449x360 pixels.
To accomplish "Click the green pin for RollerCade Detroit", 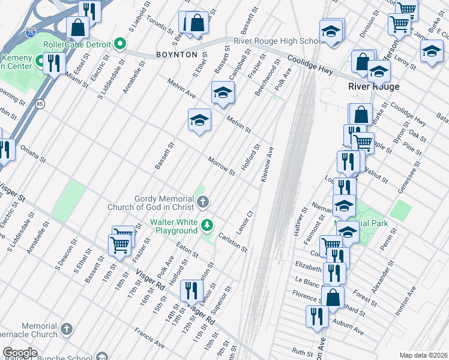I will point(120,44).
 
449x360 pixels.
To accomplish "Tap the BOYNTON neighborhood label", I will point(176,55).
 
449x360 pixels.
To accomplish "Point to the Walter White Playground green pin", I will point(207,226).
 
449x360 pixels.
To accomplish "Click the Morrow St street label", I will point(221,166).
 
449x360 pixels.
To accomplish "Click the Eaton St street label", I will point(187,250).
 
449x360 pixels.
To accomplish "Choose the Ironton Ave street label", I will point(405,301).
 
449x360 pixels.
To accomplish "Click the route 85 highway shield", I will point(40,104).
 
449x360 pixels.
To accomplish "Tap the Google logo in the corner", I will point(20,353).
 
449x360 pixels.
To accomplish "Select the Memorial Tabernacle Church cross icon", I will point(67,329).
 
